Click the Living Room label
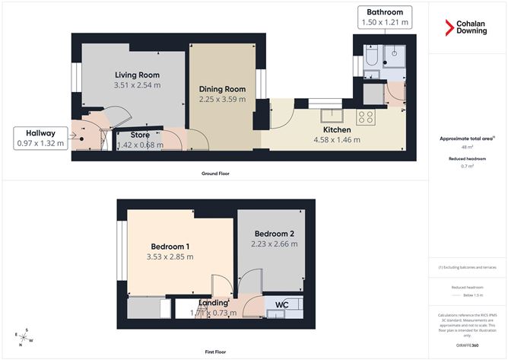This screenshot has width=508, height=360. (x=137, y=75)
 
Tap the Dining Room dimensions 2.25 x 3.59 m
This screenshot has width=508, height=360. (x=221, y=99)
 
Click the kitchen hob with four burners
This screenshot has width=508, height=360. (x=366, y=117)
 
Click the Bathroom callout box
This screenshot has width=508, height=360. (x=384, y=18)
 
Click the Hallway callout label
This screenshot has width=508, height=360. (x=41, y=137)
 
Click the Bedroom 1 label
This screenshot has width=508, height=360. (x=170, y=246)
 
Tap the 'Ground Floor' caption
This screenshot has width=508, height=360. (x=216, y=174)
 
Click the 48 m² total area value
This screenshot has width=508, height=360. (x=467, y=148)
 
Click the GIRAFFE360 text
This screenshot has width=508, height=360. (x=467, y=345)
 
